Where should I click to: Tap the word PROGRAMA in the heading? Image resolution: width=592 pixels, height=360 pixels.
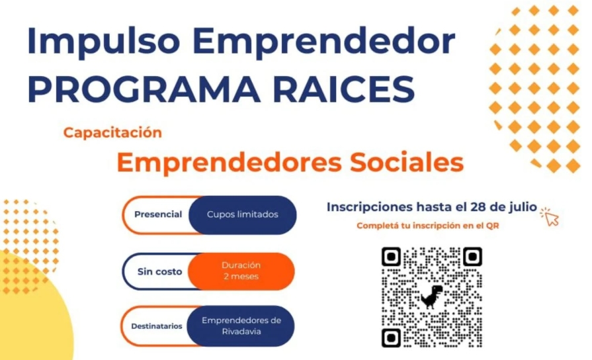pyautogui.click(x=144, y=89)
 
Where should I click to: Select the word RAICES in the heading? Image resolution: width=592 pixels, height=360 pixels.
pyautogui.click(x=343, y=89)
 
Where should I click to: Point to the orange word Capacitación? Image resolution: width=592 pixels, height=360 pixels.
pyautogui.click(x=112, y=132)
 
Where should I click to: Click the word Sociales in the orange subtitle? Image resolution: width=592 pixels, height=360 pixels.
pyautogui.click(x=407, y=162)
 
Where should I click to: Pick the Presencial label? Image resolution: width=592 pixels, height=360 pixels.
pyautogui.click(x=158, y=214)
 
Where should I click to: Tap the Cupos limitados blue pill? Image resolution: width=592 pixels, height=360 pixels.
pyautogui.click(x=242, y=214)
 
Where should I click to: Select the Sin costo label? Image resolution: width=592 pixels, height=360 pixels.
pyautogui.click(x=159, y=271)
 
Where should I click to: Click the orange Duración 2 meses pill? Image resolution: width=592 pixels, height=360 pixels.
pyautogui.click(x=241, y=271)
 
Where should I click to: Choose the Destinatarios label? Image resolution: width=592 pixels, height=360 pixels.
pyautogui.click(x=157, y=326)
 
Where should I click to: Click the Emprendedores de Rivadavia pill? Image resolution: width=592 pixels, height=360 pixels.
pyautogui.click(x=241, y=326)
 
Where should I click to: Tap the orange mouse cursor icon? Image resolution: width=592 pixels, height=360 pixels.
pyautogui.click(x=550, y=216)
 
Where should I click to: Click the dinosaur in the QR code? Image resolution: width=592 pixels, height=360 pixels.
pyautogui.click(x=431, y=296)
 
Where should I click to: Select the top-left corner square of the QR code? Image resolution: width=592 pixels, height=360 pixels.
pyautogui.click(x=391, y=257)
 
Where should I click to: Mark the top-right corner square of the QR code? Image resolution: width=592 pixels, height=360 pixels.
pyautogui.click(x=472, y=257)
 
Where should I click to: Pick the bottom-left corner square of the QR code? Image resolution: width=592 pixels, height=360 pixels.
pyautogui.click(x=391, y=337)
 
